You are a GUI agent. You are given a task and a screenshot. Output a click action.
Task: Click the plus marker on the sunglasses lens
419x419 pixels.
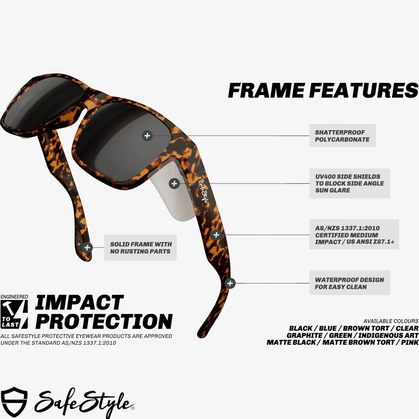(147, 135)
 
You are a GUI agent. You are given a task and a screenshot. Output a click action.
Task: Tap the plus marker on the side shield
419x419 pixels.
(174, 184)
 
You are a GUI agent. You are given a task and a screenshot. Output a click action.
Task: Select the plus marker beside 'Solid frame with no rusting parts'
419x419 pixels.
(87, 248)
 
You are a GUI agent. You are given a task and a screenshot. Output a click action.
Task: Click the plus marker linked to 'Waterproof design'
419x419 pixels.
(230, 283)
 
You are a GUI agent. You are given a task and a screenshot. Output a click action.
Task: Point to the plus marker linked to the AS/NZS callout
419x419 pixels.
(216, 235)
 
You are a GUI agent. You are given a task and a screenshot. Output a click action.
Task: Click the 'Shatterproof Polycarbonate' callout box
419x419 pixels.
(343, 135)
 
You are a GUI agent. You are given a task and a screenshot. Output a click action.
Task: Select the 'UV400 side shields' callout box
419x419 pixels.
(349, 184)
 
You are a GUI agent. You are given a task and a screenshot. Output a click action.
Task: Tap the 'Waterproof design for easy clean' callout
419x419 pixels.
(349, 283)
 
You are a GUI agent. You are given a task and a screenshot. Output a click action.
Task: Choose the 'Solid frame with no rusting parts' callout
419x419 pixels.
(140, 248)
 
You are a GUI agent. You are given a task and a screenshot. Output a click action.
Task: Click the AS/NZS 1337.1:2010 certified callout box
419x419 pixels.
(354, 235)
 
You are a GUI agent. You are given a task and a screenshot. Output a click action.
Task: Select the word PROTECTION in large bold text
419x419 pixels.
(104, 321)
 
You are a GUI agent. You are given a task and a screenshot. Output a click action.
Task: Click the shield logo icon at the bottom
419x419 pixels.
(14, 402)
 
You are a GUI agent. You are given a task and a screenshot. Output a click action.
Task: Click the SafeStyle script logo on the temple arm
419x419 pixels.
(203, 191)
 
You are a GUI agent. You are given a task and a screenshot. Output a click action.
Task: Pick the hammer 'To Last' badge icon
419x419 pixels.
(14, 314)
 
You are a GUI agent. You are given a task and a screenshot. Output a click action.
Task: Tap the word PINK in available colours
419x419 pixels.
(410, 342)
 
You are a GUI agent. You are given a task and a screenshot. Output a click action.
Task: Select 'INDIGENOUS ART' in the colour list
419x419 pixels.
(388, 335)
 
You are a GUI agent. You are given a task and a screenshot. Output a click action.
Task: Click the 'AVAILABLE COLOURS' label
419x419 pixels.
(391, 321)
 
